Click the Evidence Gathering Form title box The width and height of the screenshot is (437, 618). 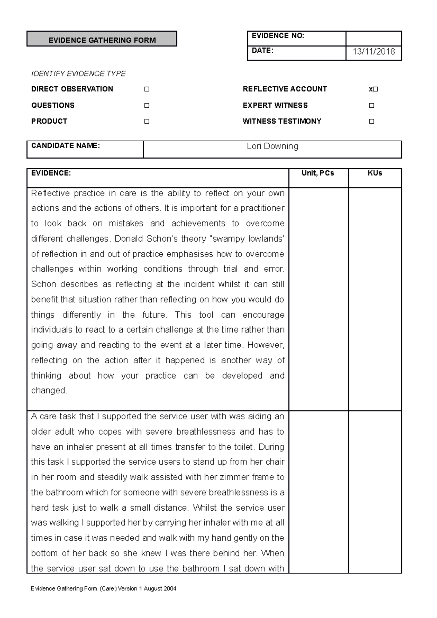click(x=102, y=39)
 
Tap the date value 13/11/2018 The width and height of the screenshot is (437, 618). click(x=374, y=52)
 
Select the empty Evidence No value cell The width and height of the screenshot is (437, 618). click(x=374, y=38)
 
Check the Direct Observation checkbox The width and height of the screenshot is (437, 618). click(x=147, y=89)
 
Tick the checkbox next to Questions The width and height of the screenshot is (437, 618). click(x=147, y=106)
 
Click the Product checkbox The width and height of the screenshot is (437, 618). click(x=147, y=121)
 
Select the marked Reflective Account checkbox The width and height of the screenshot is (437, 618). click(x=375, y=89)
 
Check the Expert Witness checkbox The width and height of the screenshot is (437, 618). click(x=371, y=106)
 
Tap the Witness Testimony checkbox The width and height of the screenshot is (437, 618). click(x=371, y=121)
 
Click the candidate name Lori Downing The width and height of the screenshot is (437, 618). click(x=272, y=146)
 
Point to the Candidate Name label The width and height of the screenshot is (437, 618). click(x=66, y=146)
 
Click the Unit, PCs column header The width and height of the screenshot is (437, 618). click(x=318, y=174)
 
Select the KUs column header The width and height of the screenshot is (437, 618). click(x=375, y=174)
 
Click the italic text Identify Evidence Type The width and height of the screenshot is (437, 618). click(x=78, y=74)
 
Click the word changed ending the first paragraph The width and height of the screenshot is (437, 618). click(x=49, y=391)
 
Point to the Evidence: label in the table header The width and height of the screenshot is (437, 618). click(x=51, y=174)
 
